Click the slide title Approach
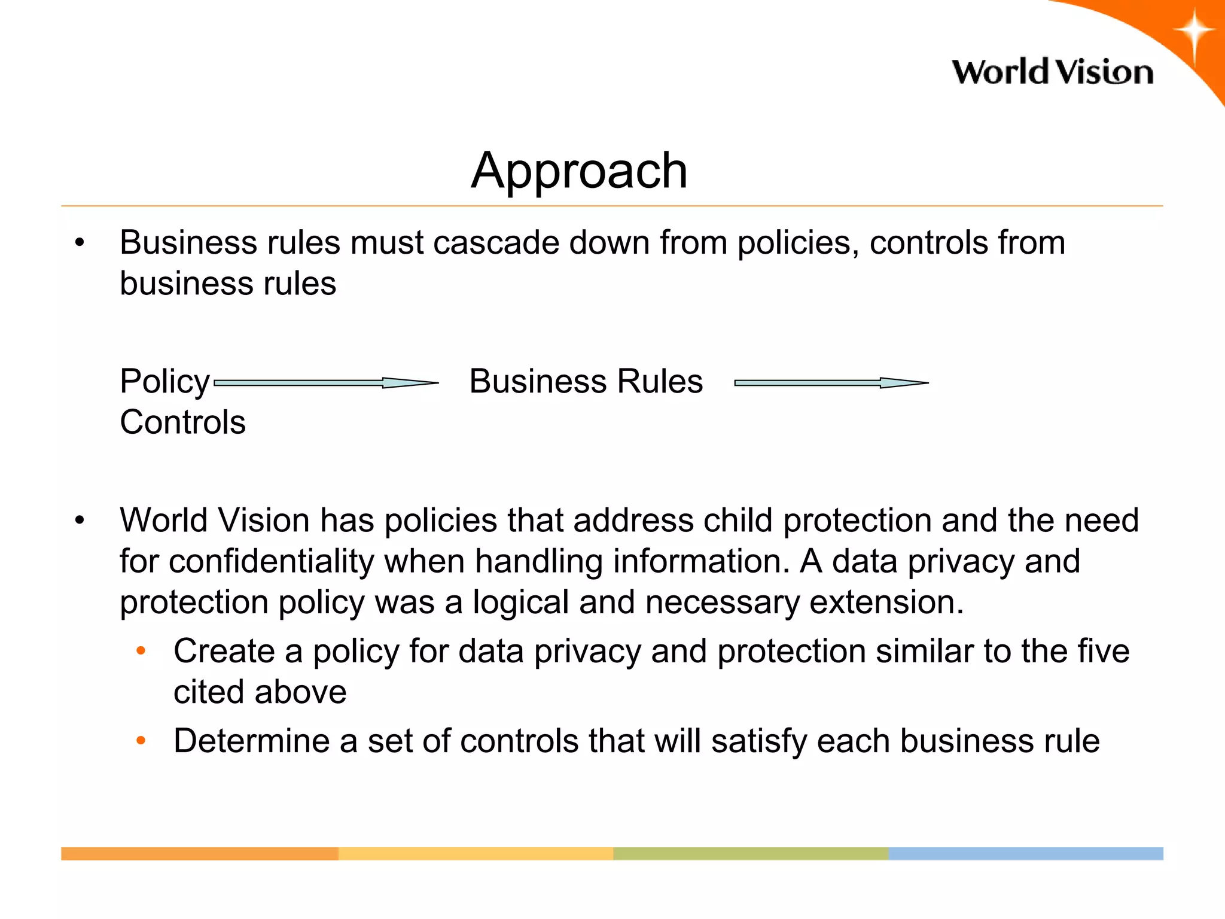(579, 171)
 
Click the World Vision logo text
(1053, 72)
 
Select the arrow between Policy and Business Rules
(326, 383)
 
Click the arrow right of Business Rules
(831, 383)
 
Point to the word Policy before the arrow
(164, 382)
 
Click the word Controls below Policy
(182, 422)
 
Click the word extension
(886, 602)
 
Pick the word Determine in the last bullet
(251, 741)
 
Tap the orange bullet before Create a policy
(141, 651)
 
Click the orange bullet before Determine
(141, 741)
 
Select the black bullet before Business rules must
(80, 244)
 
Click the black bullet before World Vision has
(80, 521)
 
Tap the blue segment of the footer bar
(1026, 854)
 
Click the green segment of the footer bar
(751, 854)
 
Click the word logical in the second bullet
(520, 602)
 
